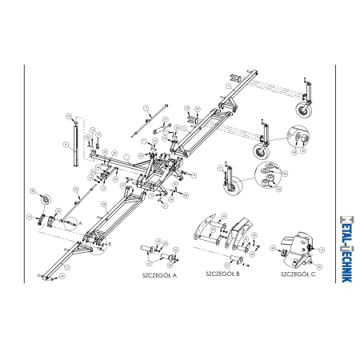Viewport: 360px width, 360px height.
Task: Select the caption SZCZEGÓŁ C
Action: click(x=298, y=274)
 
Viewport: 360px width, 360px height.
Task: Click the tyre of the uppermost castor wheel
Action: click(x=305, y=111)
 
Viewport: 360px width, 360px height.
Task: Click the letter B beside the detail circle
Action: click(x=110, y=242)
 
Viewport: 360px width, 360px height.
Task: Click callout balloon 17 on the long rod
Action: click(x=146, y=107)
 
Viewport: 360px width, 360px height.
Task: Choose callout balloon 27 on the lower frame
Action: click(x=105, y=205)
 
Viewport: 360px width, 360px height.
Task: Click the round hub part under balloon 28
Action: click(x=45, y=198)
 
